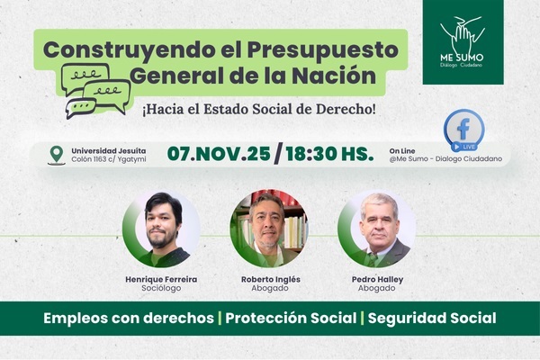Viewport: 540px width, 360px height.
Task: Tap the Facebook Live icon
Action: (x=464, y=130)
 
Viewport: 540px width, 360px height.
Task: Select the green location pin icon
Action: (x=57, y=154)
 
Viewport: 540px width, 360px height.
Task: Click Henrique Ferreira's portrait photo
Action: (x=163, y=229)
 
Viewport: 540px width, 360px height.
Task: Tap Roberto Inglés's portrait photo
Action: (x=268, y=229)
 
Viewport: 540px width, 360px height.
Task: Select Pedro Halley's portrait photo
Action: (x=376, y=229)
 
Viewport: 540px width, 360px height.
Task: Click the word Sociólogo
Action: (x=162, y=292)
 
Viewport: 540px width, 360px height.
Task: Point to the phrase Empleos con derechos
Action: (x=128, y=319)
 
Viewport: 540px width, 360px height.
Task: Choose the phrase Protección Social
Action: (x=290, y=319)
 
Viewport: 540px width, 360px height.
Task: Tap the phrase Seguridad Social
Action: (x=432, y=319)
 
